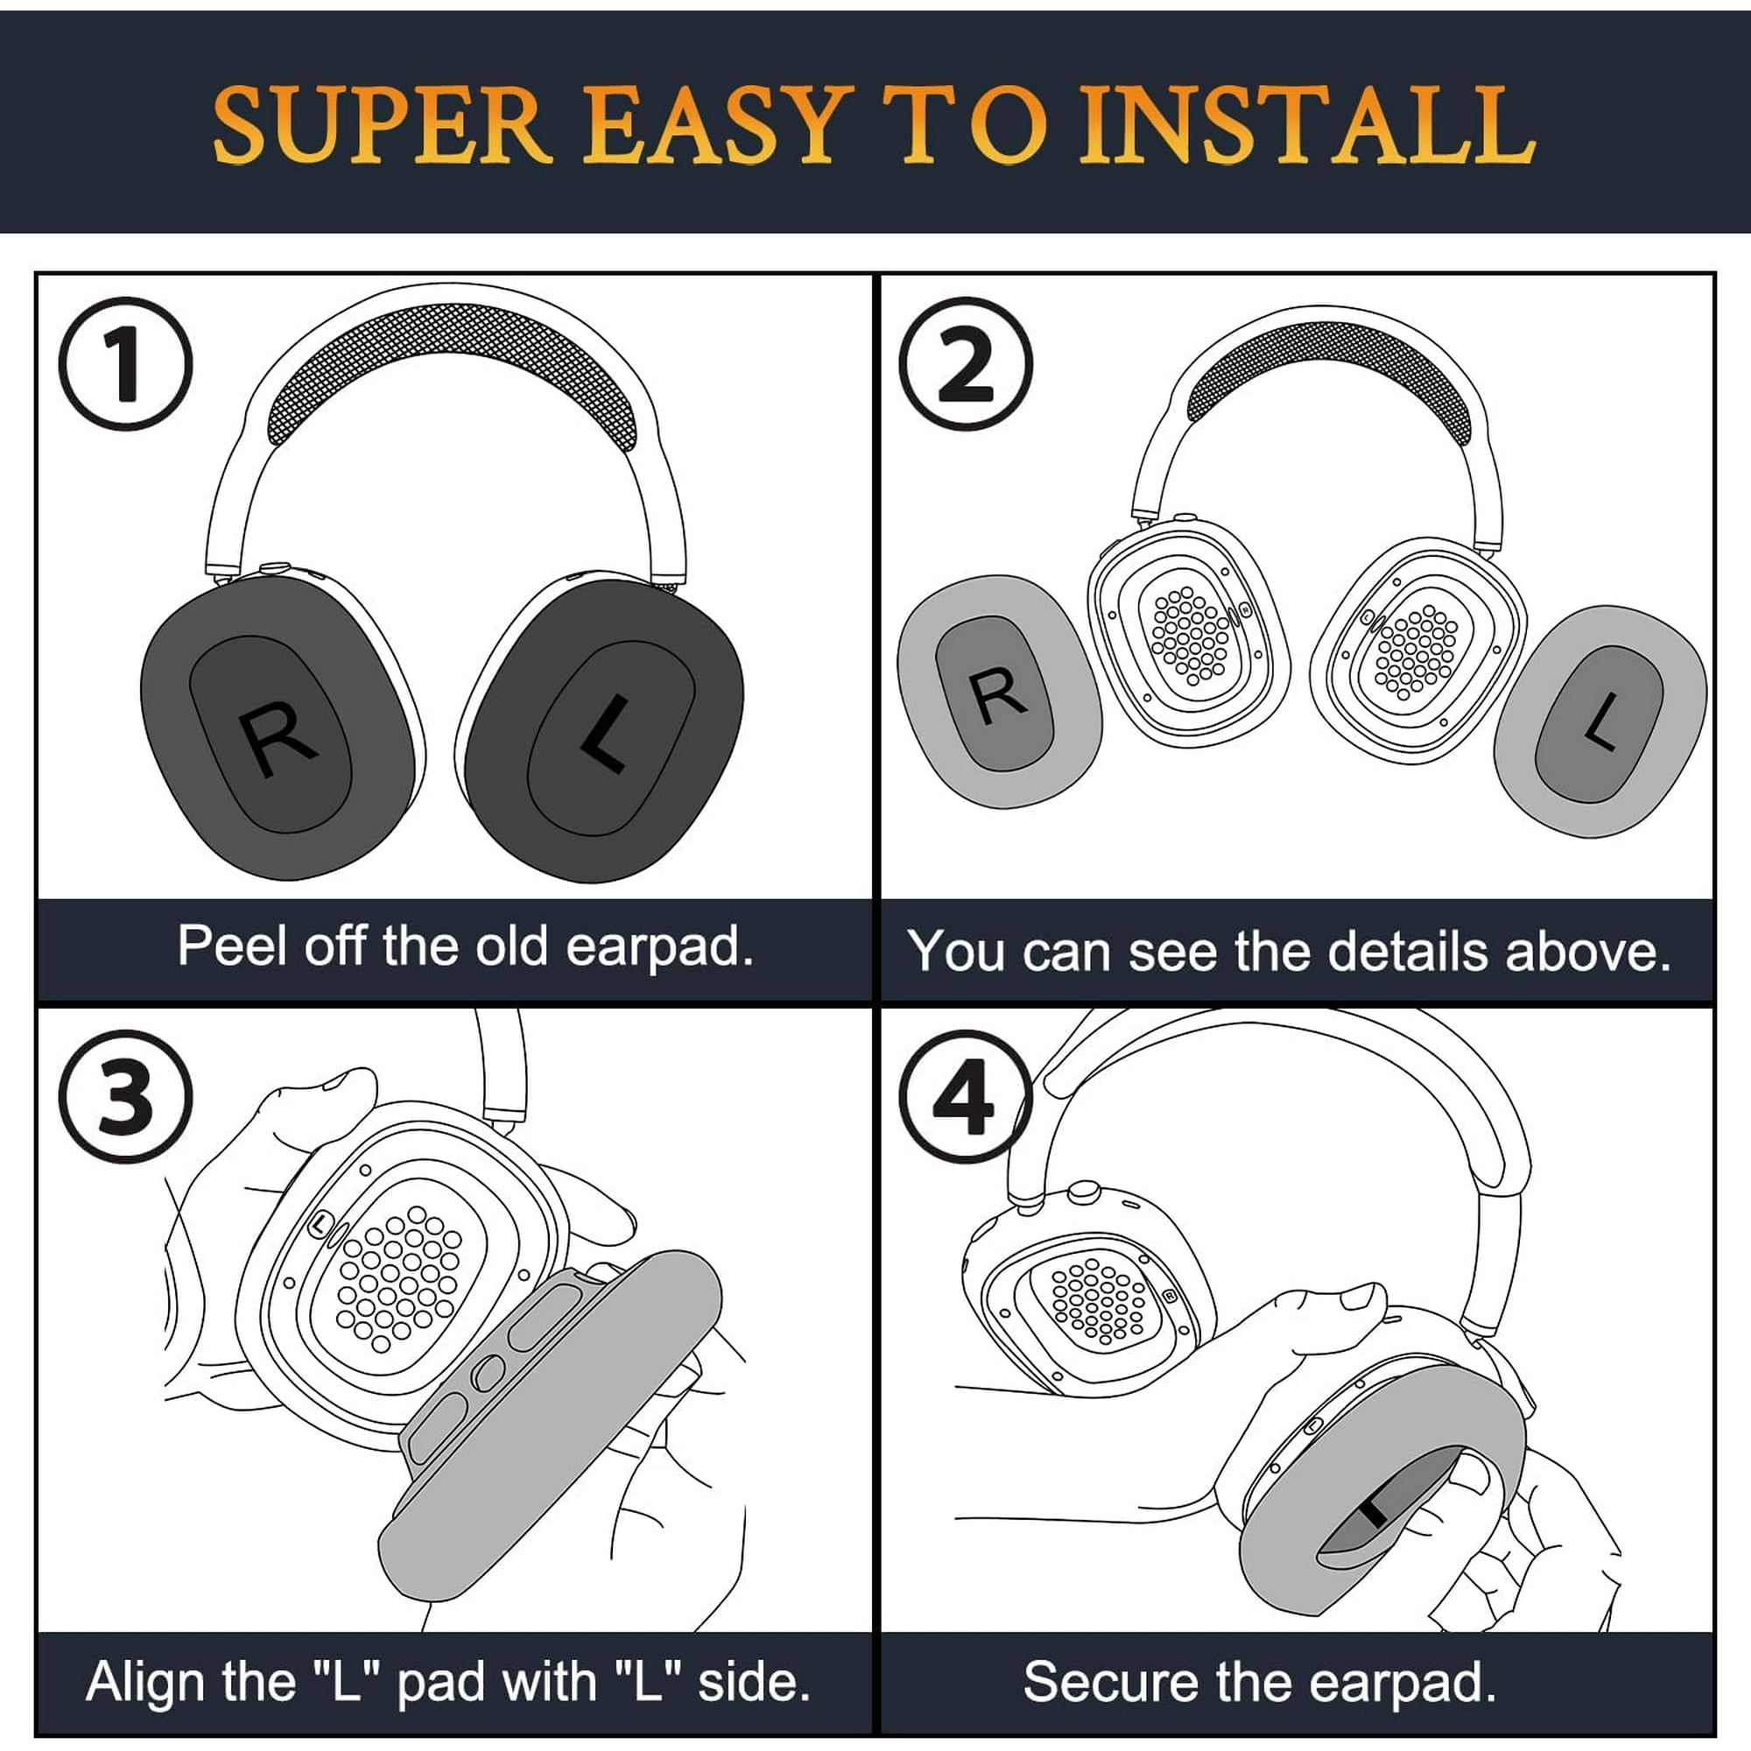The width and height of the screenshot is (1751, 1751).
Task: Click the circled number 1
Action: pyautogui.click(x=126, y=363)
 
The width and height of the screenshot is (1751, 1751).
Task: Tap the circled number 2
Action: pyautogui.click(x=967, y=363)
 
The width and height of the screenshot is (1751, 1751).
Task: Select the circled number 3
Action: pyautogui.click(x=126, y=1096)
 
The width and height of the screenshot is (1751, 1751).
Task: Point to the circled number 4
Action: pyautogui.click(x=967, y=1096)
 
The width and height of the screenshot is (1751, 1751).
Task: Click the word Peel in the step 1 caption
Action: pyautogui.click(x=232, y=946)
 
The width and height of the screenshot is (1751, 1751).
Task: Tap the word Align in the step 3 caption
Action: pyautogui.click(x=146, y=1681)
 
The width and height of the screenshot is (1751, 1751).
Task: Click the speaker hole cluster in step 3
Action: pyautogui.click(x=397, y=1279)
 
